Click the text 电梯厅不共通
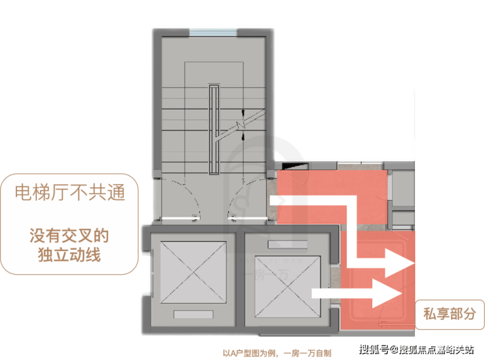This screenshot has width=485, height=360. (x=70, y=192)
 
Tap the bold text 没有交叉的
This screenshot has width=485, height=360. (x=69, y=236)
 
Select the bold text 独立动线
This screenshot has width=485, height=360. (x=69, y=255)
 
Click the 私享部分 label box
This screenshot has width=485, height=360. (x=450, y=314)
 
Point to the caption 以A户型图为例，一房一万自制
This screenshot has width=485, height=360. (x=277, y=353)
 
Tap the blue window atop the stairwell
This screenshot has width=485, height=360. (x=213, y=32)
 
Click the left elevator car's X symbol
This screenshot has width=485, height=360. (x=193, y=272)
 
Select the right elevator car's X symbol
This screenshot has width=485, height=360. (x=287, y=287)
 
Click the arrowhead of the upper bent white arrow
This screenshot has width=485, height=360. (x=399, y=263)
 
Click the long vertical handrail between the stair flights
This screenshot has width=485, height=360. (x=214, y=129)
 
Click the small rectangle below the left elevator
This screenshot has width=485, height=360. (x=193, y=314)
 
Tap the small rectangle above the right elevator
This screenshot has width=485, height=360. (x=288, y=244)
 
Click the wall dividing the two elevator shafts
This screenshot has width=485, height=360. (x=240, y=279)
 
